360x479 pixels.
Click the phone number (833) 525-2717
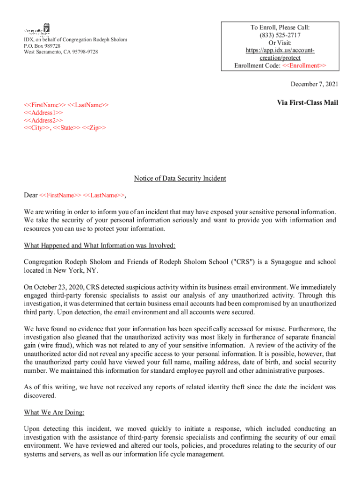coord(280,35)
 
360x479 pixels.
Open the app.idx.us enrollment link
coord(280,54)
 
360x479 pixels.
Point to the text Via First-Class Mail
coord(308,103)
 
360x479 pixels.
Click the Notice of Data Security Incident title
coord(180,178)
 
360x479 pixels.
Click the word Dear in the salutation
coord(31,195)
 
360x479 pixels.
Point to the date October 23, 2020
coord(58,287)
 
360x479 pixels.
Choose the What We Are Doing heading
coord(54,413)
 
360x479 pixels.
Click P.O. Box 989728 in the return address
coord(42,46)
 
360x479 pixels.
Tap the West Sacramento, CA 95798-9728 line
coord(61,52)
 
